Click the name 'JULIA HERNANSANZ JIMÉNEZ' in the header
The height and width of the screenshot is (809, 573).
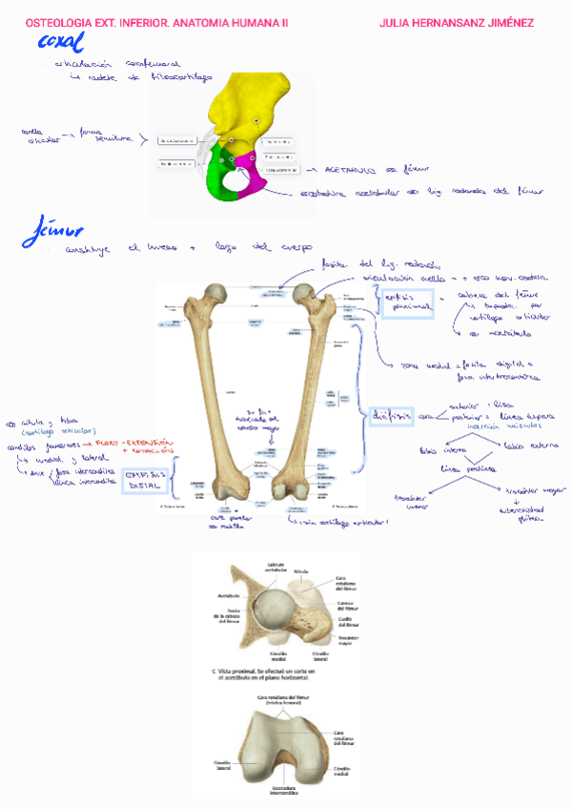click(x=456, y=22)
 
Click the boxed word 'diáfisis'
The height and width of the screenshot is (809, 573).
click(x=391, y=415)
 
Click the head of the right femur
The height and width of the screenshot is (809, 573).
click(x=305, y=292)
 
